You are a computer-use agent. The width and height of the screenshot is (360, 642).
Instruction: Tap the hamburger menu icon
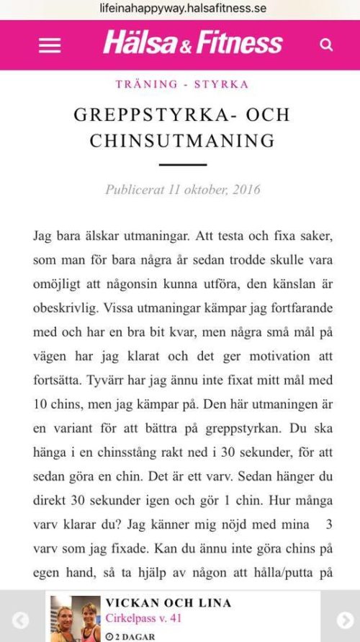pyautogui.click(x=50, y=45)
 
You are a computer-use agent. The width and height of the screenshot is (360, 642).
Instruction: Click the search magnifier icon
pyautogui.click(x=326, y=45)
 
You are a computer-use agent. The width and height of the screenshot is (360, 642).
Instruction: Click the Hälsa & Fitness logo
pyautogui.click(x=193, y=43)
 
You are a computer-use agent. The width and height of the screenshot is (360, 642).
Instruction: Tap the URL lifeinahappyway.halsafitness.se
pyautogui.click(x=182, y=9)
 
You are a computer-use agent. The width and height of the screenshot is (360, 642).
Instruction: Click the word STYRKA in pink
pyautogui.click(x=220, y=84)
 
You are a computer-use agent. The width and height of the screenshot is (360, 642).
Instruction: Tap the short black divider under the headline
pyautogui.click(x=182, y=165)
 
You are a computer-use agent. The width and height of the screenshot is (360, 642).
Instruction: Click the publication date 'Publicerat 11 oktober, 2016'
pyautogui.click(x=182, y=190)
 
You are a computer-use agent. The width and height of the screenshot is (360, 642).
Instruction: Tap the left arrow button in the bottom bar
pyautogui.click(x=21, y=620)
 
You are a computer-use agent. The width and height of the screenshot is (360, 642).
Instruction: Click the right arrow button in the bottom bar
pyautogui.click(x=346, y=620)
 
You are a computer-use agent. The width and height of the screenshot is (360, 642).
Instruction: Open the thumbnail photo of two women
pyautogui.click(x=76, y=619)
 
